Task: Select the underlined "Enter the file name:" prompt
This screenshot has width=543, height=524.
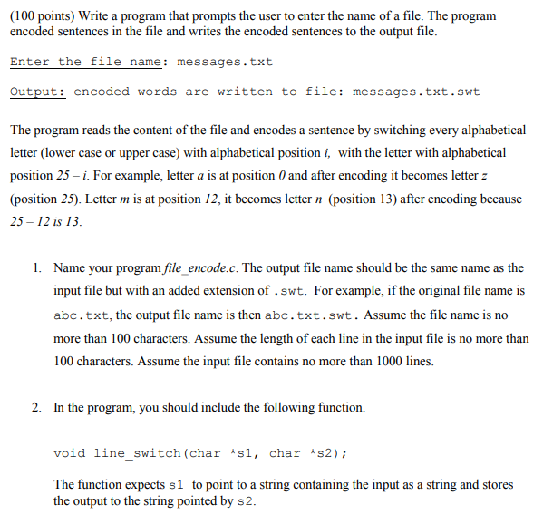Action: click(88, 62)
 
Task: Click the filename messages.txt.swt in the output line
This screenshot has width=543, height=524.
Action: click(416, 92)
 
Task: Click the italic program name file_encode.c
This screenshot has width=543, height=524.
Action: click(195, 268)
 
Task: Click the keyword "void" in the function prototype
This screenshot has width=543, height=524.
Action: click(70, 452)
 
